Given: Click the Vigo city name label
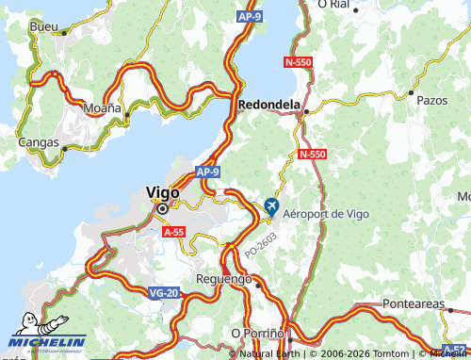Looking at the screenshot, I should [162, 191].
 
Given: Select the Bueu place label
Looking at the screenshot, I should [43, 26].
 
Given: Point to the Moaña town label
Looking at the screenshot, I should [103, 108].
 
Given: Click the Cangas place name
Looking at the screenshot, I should [39, 142].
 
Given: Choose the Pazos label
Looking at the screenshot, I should [430, 98].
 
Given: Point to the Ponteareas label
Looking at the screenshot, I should [419, 304].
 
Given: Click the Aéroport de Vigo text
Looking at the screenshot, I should [327, 214].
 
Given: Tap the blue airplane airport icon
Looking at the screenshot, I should [272, 206].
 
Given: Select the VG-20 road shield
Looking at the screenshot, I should [163, 293].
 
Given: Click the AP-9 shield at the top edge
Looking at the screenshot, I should [250, 17].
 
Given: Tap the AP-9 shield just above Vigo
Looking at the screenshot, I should [208, 172].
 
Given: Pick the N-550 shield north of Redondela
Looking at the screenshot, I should [298, 61].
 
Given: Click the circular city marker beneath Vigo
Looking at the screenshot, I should [162, 208].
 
